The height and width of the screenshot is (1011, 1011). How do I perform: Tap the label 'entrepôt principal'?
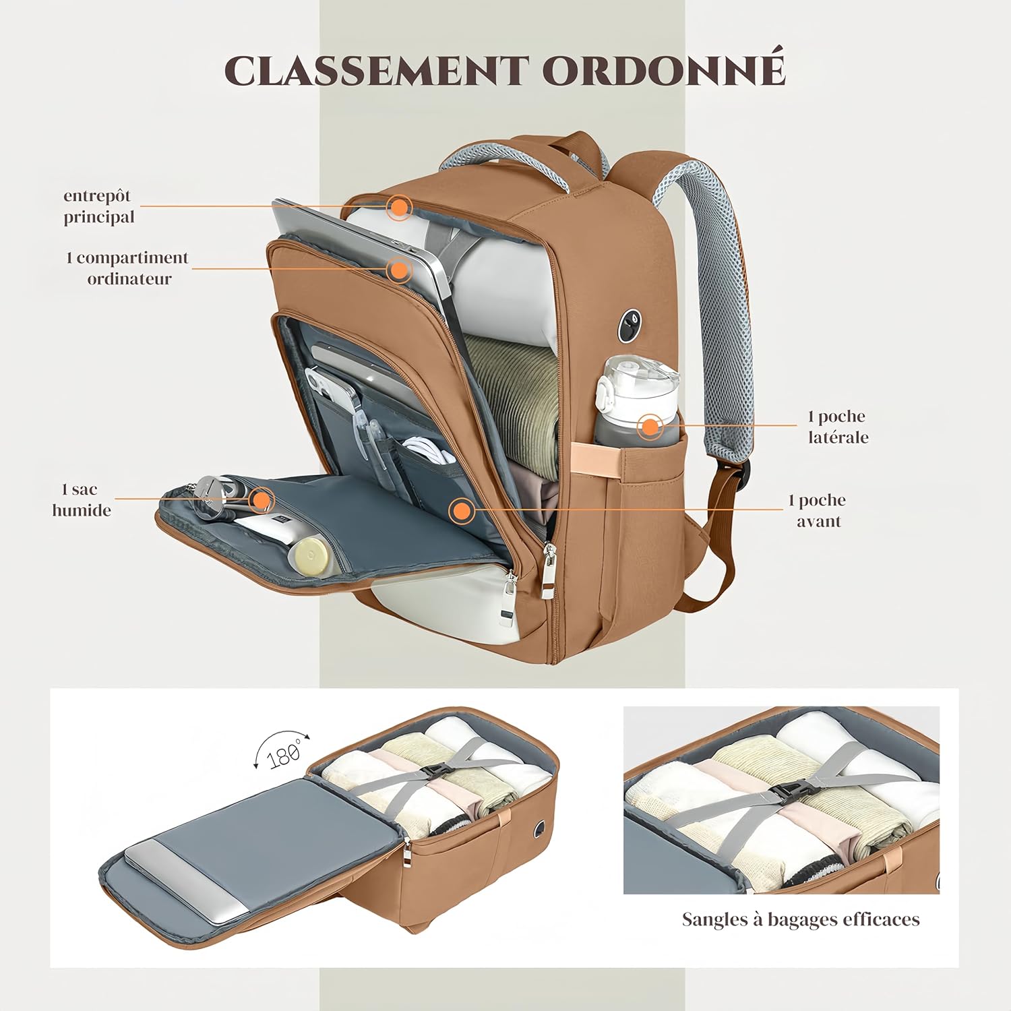click(x=98, y=206)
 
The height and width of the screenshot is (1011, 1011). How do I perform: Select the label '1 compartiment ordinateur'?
click(x=127, y=268)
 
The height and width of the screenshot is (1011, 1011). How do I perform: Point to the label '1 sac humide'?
click(x=81, y=499)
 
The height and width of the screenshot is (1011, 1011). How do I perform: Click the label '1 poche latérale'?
click(x=838, y=427)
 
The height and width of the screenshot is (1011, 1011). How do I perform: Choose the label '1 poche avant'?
click(x=818, y=510)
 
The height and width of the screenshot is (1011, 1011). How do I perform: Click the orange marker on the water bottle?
click(x=650, y=426)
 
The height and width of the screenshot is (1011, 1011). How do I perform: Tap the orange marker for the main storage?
click(x=400, y=207)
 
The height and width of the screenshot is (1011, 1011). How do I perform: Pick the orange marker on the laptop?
click(x=400, y=270)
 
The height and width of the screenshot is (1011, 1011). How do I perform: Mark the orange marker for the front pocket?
click(x=461, y=511)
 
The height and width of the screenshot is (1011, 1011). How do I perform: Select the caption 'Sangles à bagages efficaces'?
click(x=800, y=919)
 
